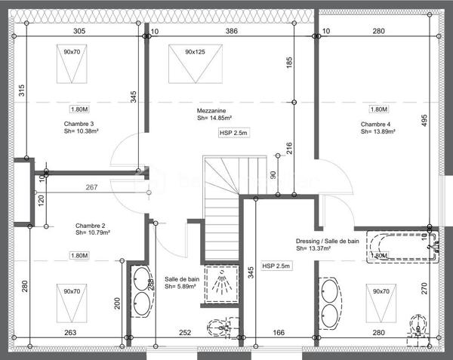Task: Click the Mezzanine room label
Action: point(214,110)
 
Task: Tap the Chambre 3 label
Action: point(79,124)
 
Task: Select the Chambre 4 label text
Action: point(375,124)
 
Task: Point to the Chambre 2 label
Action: point(90,226)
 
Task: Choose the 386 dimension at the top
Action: point(232,31)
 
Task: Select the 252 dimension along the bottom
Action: point(185,332)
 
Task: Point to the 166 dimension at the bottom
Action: point(279,332)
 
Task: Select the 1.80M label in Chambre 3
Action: point(81,109)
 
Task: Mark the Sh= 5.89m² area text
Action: point(181,286)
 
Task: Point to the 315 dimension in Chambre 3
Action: point(22,91)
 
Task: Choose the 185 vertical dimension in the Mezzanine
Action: point(288,63)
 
